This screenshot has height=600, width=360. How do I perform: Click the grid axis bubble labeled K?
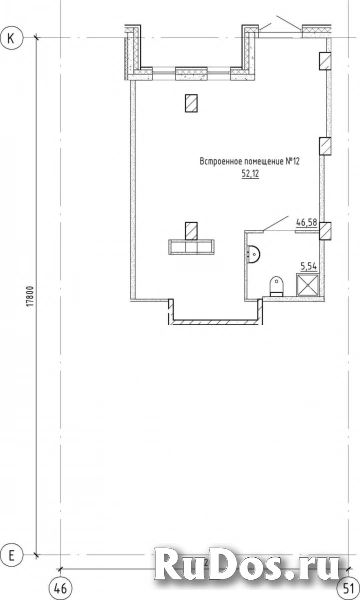point(12,37)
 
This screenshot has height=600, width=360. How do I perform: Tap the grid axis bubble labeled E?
point(12,553)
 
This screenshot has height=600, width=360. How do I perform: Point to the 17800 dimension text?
point(31,298)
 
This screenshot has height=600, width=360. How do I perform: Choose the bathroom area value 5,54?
point(308,265)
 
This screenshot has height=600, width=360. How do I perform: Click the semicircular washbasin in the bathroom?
point(255,252)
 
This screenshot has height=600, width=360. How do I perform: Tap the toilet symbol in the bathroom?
point(279,288)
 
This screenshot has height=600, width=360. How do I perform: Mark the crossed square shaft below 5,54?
point(309,287)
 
